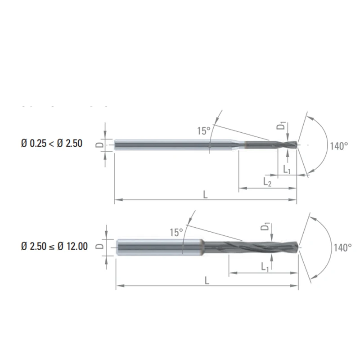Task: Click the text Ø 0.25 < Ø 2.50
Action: (x=52, y=144)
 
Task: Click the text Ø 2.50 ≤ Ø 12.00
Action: (x=54, y=247)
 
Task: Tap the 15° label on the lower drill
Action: (x=176, y=233)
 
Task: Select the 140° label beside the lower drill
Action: (x=343, y=247)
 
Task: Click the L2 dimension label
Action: (x=267, y=182)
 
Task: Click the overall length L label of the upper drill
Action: (x=206, y=194)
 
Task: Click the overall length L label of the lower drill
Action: (x=207, y=280)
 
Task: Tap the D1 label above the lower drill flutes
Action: (x=267, y=226)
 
